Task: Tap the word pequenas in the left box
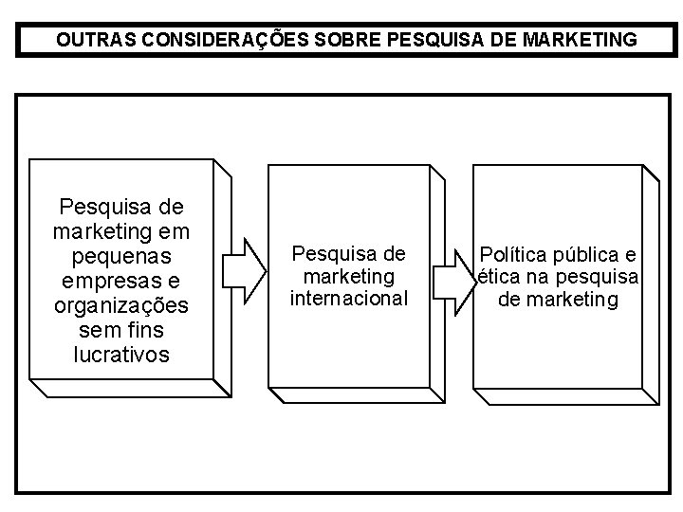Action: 121,256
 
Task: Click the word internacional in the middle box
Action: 349,299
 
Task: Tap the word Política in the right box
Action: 515,254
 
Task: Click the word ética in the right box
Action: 497,277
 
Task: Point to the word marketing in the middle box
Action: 348,276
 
